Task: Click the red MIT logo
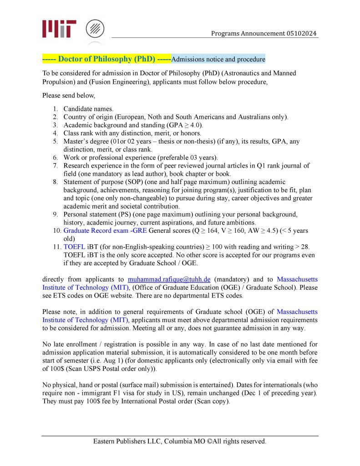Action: (x=59, y=29)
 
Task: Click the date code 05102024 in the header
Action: (x=302, y=34)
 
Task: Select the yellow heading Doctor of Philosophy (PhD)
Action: (x=107, y=59)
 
